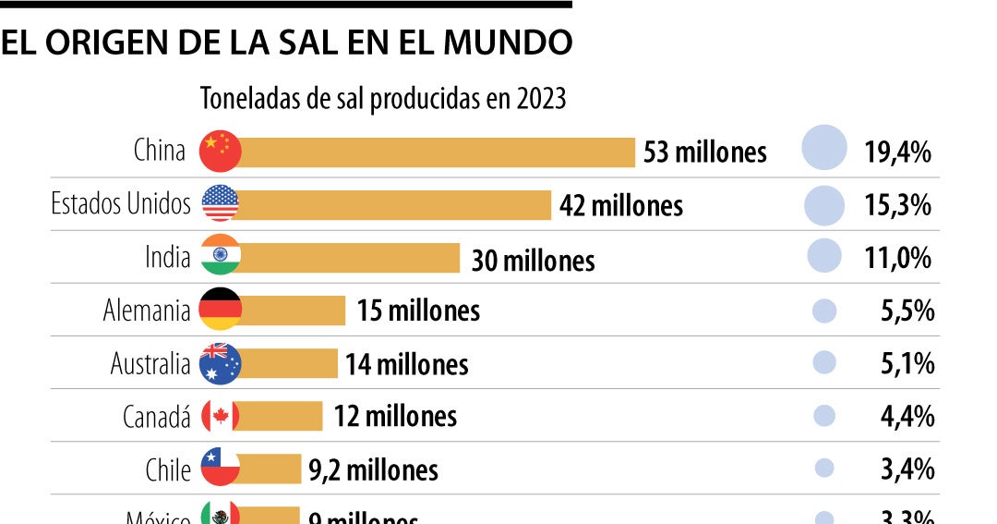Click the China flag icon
pyautogui.click(x=220, y=151)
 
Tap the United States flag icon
pyautogui.click(x=220, y=203)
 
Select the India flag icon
pyautogui.click(x=220, y=256)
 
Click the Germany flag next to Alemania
pyautogui.click(x=220, y=310)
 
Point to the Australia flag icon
pyautogui.click(x=220, y=363)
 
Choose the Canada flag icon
pyautogui.click(x=220, y=416)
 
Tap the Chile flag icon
pyautogui.click(x=220, y=469)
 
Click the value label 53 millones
pyautogui.click(x=704, y=152)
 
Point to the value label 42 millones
pyautogui.click(x=620, y=205)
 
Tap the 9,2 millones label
pyautogui.click(x=373, y=470)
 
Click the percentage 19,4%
pyautogui.click(x=896, y=152)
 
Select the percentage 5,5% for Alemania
pyautogui.click(x=907, y=311)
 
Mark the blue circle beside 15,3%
pyautogui.click(x=824, y=204)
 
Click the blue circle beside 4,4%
pyautogui.click(x=824, y=416)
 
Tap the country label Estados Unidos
pyautogui.click(x=121, y=203)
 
